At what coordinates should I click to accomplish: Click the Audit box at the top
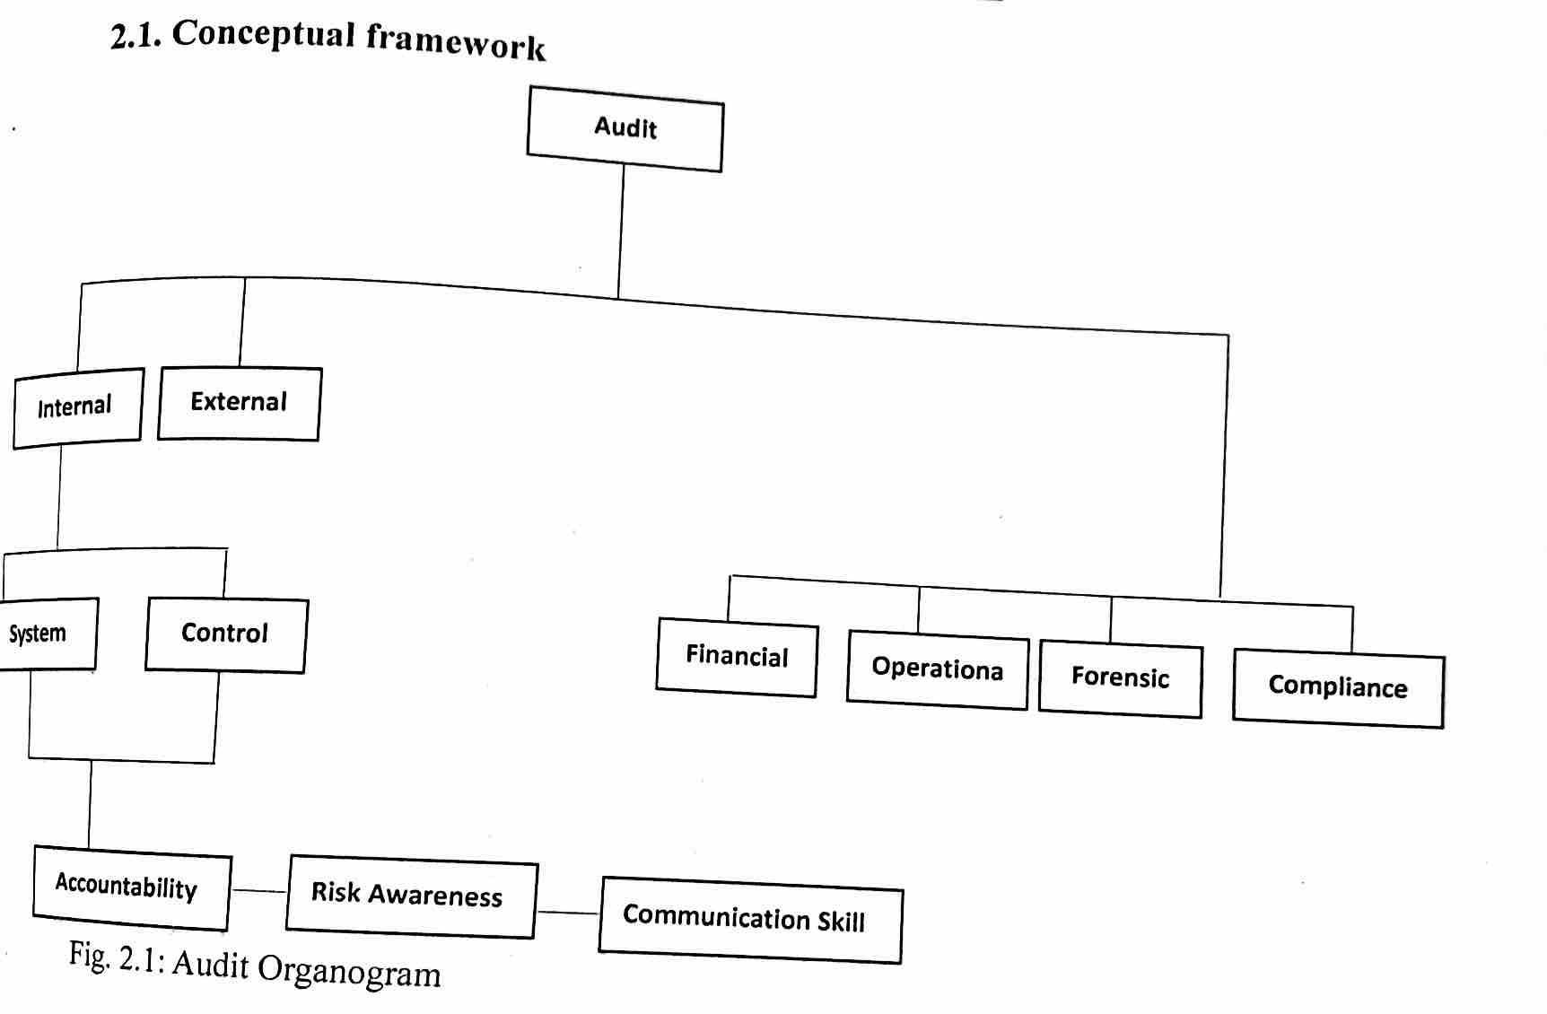click(625, 128)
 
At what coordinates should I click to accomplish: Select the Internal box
click(77, 407)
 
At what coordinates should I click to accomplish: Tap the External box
click(239, 403)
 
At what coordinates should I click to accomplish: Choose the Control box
click(225, 634)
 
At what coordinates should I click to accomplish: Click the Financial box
click(737, 657)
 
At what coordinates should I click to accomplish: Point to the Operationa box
click(937, 670)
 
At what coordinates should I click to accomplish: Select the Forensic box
click(1120, 678)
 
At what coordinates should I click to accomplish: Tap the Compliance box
click(1338, 688)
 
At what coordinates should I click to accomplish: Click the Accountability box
click(130, 887)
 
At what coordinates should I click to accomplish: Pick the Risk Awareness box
click(411, 897)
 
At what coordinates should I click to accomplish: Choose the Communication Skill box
click(749, 920)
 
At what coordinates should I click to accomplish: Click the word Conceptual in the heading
click(264, 36)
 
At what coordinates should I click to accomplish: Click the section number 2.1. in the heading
click(135, 37)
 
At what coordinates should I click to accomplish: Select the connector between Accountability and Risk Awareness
click(258, 891)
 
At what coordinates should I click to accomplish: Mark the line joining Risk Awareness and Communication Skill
click(567, 913)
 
